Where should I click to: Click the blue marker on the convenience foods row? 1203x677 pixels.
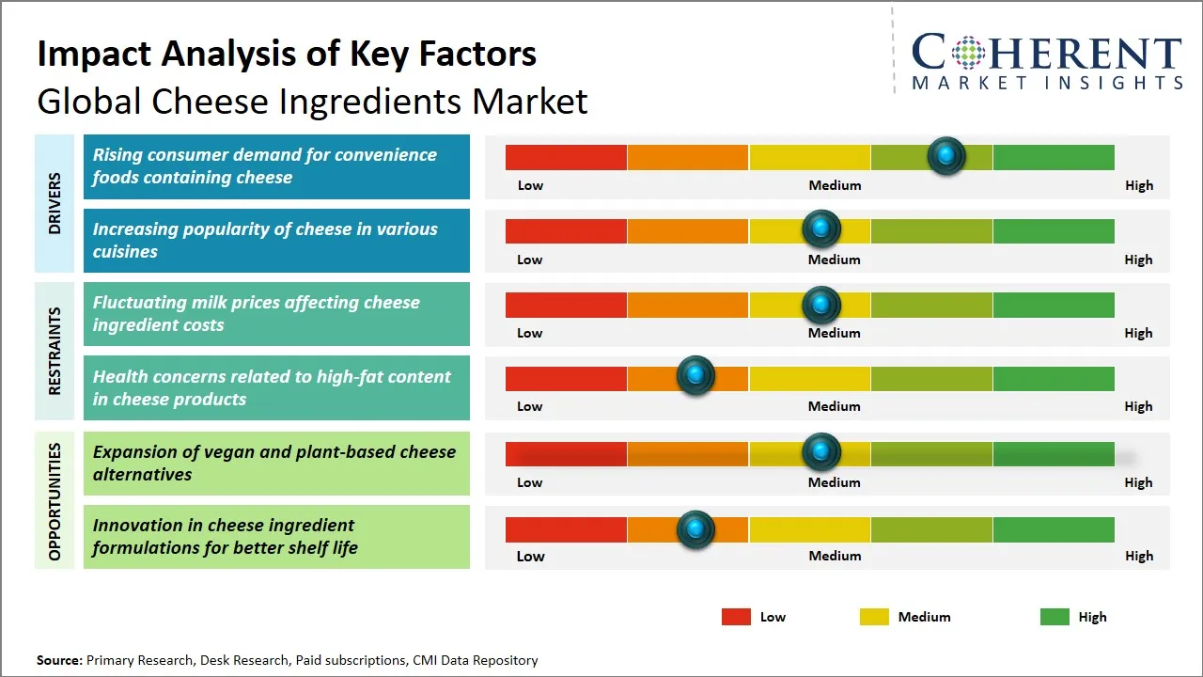coord(946,155)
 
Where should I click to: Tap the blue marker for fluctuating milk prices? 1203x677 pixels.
coord(821,305)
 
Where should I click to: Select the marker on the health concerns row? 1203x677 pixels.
coord(695,376)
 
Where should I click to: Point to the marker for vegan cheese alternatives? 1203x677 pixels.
coord(821,452)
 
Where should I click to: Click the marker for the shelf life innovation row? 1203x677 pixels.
coord(695,529)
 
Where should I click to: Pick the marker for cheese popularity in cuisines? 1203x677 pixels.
coord(821,228)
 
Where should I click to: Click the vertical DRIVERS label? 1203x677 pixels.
coord(55,203)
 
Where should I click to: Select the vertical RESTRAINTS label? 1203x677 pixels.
coord(55,351)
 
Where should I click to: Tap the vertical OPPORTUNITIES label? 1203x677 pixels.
coord(55,501)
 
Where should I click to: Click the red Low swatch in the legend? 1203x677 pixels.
coord(736,617)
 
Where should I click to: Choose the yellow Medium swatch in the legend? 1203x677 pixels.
coord(874,617)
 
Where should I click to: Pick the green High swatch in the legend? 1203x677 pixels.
coord(1055,617)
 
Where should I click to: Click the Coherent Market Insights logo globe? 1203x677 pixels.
coord(967,54)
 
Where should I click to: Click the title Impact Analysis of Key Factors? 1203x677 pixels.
coord(287,54)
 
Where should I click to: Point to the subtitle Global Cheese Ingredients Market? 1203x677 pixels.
coord(312,101)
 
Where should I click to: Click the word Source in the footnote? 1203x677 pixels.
coord(59,660)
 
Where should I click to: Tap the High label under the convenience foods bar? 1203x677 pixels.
coord(1138,185)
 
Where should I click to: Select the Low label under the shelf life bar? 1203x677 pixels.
coord(530,556)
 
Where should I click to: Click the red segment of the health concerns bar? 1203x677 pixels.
coord(566,378)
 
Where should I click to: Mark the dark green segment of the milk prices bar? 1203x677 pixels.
coord(1053,305)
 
